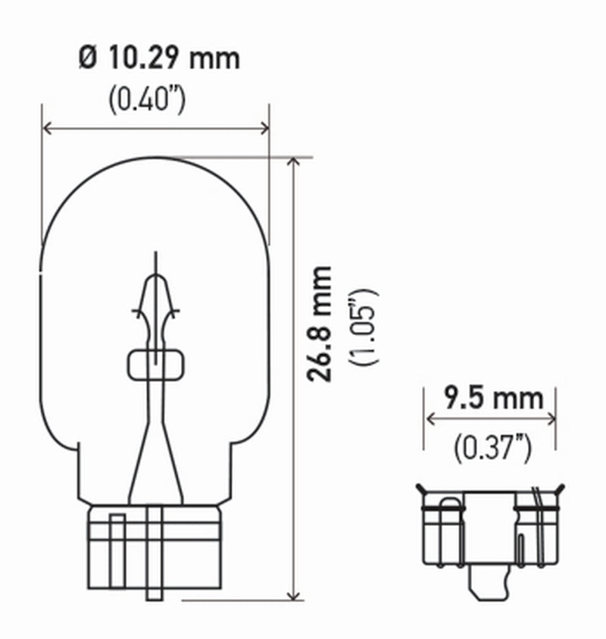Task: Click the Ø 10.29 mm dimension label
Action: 158,59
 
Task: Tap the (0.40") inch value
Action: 146,99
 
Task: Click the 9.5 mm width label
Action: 493,396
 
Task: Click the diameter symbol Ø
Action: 89,59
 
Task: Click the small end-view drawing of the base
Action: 489,531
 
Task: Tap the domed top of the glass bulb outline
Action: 155,161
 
